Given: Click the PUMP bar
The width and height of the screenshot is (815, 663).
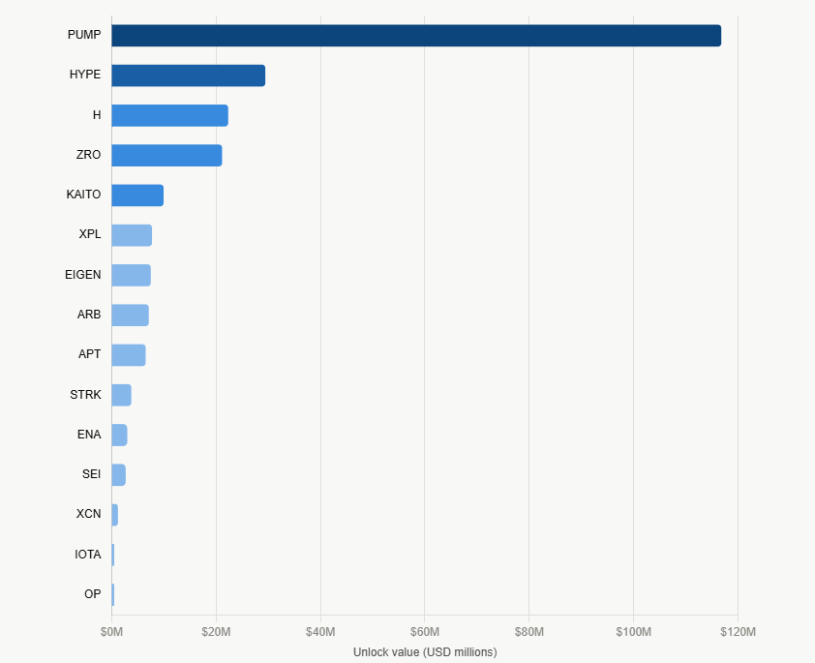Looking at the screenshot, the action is pyautogui.click(x=416, y=36).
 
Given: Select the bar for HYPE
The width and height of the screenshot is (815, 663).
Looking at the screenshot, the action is pyautogui.click(x=188, y=75).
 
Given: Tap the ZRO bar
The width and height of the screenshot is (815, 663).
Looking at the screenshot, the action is pyautogui.click(x=166, y=156).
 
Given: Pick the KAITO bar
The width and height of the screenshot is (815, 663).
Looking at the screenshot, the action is pyautogui.click(x=137, y=196).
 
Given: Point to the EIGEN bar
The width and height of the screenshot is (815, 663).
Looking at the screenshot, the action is pyautogui.click(x=131, y=276).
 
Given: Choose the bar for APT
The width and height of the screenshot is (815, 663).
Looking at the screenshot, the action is pyautogui.click(x=129, y=355).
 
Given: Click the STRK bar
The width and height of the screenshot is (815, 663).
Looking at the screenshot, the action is pyautogui.click(x=121, y=396).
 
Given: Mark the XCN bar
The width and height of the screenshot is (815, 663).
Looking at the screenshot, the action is pyautogui.click(x=114, y=515).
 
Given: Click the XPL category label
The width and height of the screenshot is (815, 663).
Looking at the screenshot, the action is pyautogui.click(x=90, y=234).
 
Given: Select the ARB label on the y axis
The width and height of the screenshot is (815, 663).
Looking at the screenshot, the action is pyautogui.click(x=89, y=315).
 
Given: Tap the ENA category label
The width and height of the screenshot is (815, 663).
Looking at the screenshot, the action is pyautogui.click(x=89, y=434).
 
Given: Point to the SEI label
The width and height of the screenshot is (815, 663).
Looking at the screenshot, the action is pyautogui.click(x=92, y=474).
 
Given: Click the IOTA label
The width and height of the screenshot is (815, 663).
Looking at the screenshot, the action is pyautogui.click(x=88, y=555).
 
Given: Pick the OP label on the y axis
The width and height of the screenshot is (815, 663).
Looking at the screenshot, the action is pyautogui.click(x=93, y=594).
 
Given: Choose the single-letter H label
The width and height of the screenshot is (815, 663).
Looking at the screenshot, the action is pyautogui.click(x=97, y=115).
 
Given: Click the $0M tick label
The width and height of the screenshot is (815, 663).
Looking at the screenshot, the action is pyautogui.click(x=111, y=631).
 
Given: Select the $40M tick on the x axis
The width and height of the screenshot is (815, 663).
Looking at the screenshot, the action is pyautogui.click(x=320, y=631).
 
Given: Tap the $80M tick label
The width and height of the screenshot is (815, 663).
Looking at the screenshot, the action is pyautogui.click(x=529, y=631).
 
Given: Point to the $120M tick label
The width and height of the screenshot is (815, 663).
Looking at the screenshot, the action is pyautogui.click(x=739, y=631).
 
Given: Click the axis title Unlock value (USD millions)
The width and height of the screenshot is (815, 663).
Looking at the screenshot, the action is pyautogui.click(x=425, y=652).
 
